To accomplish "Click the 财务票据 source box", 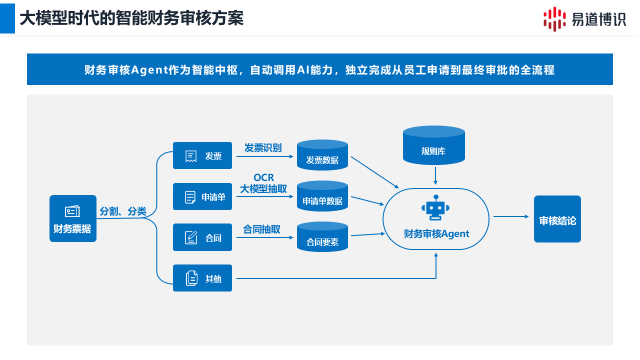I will [73, 218].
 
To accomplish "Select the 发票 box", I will [202, 155].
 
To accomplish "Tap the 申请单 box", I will [202, 196].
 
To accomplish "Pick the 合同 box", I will [202, 237].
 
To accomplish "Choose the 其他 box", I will [202, 278].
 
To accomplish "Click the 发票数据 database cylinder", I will [322, 155].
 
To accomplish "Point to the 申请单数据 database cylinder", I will [322, 196].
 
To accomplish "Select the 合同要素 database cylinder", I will [322, 237].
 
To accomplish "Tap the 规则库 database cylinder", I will [433, 145].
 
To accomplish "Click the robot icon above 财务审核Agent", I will [435, 208].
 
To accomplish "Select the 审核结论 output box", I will [557, 219].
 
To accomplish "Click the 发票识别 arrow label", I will [263, 148].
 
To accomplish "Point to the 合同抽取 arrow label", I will [262, 229].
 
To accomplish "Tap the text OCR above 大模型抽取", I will [263, 178].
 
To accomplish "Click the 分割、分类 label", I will [123, 211].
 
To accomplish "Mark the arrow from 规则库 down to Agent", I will [435, 175].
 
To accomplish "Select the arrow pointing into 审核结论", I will [511, 216].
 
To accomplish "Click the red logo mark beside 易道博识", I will [554, 19].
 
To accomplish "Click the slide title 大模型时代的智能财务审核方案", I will [131, 18].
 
